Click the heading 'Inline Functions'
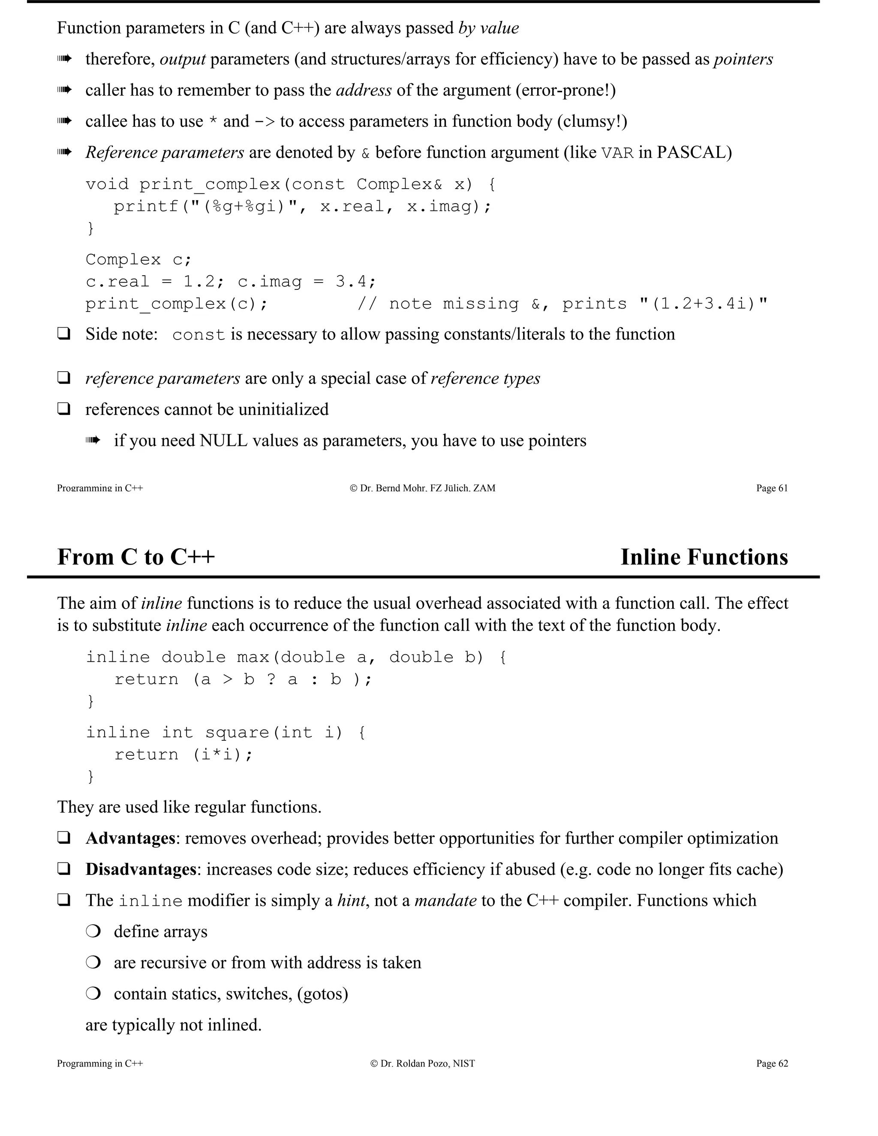click(704, 557)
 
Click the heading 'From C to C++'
click(136, 557)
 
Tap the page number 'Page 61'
click(772, 488)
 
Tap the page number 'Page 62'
click(772, 1063)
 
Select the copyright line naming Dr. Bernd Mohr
click(422, 488)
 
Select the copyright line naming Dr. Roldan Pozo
click(422, 1063)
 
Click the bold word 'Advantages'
click(130, 838)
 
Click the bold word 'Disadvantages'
click(141, 869)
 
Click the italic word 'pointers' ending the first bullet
click(743, 59)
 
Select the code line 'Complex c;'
click(138, 259)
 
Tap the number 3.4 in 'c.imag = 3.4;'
click(351, 281)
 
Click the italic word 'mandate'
click(445, 900)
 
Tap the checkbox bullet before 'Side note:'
click(63, 334)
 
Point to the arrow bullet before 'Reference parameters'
click(64, 153)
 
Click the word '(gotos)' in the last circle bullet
click(322, 994)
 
